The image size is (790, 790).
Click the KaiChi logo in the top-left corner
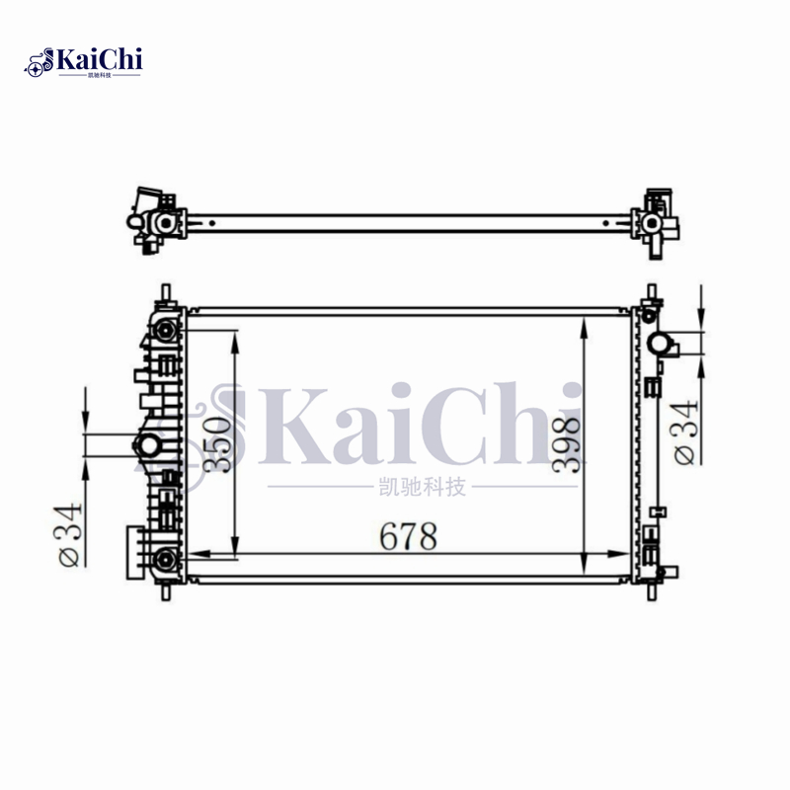[85, 61]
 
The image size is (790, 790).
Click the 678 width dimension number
[408, 536]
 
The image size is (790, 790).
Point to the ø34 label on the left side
[70, 537]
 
